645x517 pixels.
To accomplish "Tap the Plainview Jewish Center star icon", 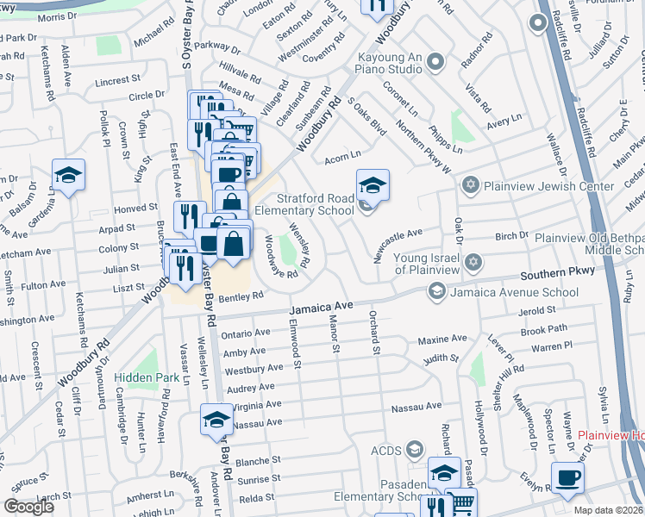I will pyautogui.click(x=470, y=184).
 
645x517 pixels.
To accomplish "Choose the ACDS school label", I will pyautogui.click(x=386, y=450).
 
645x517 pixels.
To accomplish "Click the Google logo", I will pyautogui.click(x=28, y=507).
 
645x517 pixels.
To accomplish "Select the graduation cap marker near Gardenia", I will pyautogui.click(x=69, y=176).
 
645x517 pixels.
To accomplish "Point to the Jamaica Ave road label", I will pyautogui.click(x=322, y=307).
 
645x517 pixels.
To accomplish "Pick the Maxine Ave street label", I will pyautogui.click(x=441, y=339).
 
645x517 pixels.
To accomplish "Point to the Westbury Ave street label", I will pyautogui.click(x=254, y=370).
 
